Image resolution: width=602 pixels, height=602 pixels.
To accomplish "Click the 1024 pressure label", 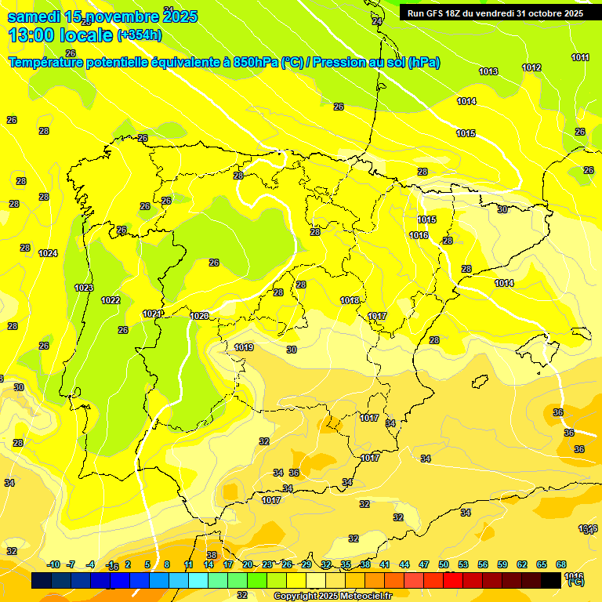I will pos(49,253).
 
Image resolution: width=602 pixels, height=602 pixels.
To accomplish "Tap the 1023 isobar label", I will pos(84,288).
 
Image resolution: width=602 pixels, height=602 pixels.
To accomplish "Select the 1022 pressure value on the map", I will pos(111,300).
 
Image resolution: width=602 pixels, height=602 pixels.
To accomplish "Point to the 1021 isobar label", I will pos(152,314).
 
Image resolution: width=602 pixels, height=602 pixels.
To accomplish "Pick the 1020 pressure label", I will pos(199,316).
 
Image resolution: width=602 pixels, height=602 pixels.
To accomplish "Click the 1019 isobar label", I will pos(244,347).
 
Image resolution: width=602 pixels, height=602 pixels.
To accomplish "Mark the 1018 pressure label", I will pos(350,300).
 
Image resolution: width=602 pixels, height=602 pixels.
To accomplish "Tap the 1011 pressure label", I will pos(581,57).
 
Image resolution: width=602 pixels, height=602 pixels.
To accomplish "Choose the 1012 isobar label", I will pos(531,68).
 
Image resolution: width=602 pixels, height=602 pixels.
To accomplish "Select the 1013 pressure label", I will pos(488,71).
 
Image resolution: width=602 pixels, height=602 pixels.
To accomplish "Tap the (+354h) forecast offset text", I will pos(140,35).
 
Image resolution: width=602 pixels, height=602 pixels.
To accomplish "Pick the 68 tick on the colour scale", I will pos(561,564).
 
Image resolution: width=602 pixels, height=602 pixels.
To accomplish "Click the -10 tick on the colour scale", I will pos(53,564).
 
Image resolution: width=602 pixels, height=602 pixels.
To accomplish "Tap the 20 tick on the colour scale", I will pos(248,564).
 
